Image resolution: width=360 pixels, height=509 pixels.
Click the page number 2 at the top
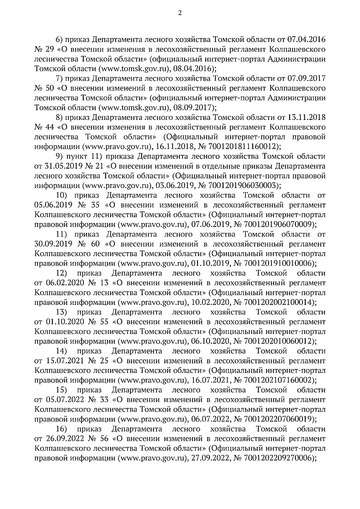coord(180,13)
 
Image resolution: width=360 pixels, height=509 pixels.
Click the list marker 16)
coord(61,429)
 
